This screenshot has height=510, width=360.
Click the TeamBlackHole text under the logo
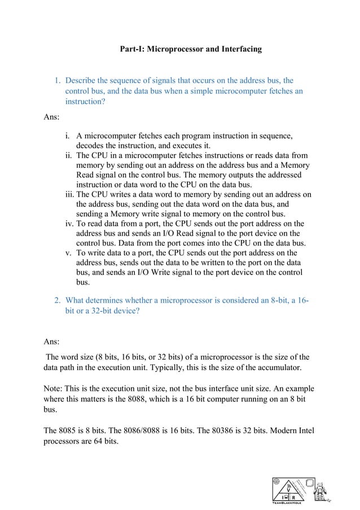[x=288, y=502]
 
